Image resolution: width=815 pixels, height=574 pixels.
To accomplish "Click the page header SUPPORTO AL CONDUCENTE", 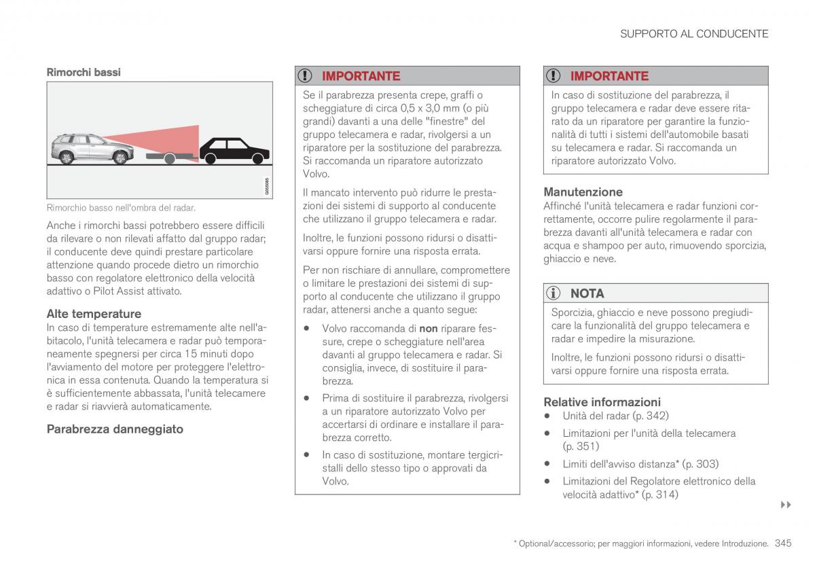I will [x=693, y=33].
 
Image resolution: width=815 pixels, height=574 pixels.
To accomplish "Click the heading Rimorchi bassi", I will [x=83, y=71].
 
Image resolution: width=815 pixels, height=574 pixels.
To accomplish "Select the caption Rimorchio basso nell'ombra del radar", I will [x=121, y=208].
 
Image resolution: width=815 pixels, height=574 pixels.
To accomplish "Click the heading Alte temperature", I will [x=94, y=314].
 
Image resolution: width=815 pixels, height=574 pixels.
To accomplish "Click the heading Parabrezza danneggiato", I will [x=115, y=429].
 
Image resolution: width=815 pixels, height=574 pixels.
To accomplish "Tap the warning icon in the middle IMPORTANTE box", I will [x=307, y=76].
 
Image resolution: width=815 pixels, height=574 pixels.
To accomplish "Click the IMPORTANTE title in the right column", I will [x=609, y=76].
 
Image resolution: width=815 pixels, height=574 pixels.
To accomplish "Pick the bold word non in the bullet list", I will [x=428, y=329].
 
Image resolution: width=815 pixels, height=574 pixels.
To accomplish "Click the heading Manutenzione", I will [x=583, y=192].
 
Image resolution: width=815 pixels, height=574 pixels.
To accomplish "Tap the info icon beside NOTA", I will [x=555, y=293].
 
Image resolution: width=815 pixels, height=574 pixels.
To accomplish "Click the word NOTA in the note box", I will [x=587, y=293].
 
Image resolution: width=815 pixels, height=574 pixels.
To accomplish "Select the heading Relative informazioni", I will [x=602, y=402].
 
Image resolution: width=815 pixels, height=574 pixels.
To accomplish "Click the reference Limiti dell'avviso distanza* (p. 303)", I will [x=630, y=464].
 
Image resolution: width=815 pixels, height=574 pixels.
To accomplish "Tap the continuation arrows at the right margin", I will [x=786, y=505].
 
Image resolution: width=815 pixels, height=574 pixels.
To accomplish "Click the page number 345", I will [x=782, y=543].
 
